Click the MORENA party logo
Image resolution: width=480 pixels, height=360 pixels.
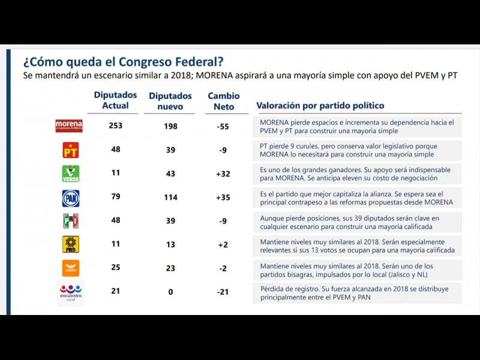69,126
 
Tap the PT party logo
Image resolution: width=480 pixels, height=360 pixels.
71,149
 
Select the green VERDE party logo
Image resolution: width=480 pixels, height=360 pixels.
71,173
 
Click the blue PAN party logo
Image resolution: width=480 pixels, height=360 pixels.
71,198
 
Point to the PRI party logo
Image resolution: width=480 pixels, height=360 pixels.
71,221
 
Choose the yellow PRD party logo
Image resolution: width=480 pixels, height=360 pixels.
71,244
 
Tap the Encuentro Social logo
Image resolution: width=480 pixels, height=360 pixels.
71,292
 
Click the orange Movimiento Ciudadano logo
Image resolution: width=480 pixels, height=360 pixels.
71,268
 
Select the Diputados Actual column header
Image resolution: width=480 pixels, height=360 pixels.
116,100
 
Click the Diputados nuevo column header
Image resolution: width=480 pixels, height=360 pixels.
170,101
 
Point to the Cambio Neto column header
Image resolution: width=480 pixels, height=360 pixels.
223,101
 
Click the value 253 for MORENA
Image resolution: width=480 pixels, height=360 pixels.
116,125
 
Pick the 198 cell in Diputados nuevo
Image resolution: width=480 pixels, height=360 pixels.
170,125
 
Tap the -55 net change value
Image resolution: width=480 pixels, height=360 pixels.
223,125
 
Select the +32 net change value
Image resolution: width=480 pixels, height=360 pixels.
223,173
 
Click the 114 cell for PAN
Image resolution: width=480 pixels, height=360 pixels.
170,197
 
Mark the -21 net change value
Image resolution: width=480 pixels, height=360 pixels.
223,292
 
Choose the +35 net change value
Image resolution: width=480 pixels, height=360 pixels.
223,197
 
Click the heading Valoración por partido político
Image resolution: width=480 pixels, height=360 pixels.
320,106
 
